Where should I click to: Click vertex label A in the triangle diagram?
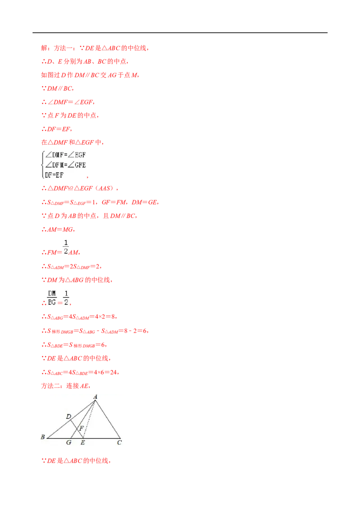click(95, 397)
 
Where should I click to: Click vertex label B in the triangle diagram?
click(43, 437)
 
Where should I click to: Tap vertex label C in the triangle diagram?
click(119, 442)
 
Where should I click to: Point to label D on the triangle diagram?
click(68, 416)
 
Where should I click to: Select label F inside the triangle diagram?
click(81, 428)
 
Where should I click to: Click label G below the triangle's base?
click(68, 442)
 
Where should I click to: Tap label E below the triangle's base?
click(83, 442)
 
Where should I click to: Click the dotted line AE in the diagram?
click(90, 420)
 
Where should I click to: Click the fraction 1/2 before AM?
click(66, 247)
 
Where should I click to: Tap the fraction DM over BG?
click(52, 298)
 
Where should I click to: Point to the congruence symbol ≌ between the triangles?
click(71, 188)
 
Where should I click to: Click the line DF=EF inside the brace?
click(54, 175)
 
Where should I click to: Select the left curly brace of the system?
click(43, 165)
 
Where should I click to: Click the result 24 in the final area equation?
click(113, 372)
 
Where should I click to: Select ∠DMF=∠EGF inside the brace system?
click(65, 155)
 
